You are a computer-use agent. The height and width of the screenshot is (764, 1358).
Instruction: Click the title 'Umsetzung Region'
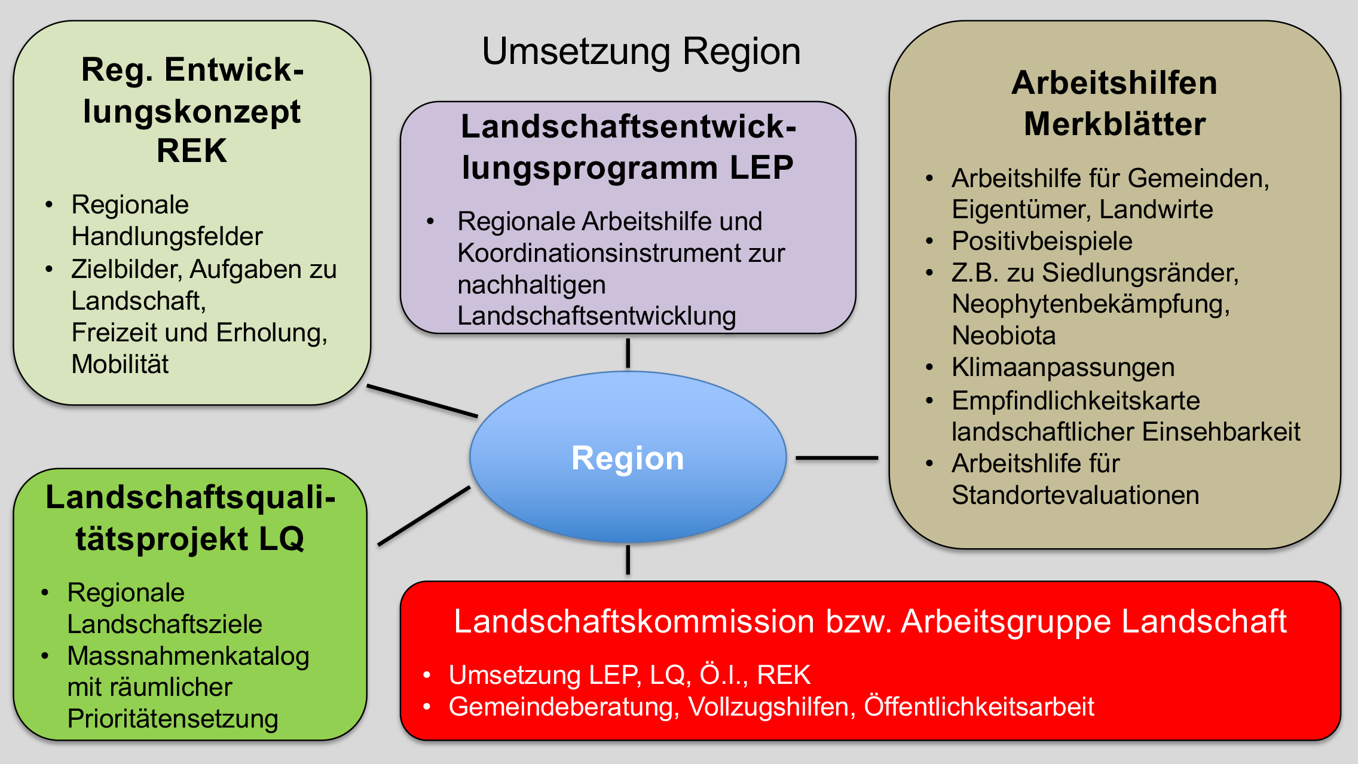coord(641,51)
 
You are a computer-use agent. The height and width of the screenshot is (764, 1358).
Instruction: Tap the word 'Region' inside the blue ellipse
coord(628,459)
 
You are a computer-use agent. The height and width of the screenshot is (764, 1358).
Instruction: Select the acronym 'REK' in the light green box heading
coord(192,150)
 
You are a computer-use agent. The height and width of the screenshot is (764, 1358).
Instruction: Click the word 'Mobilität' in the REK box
coord(120,364)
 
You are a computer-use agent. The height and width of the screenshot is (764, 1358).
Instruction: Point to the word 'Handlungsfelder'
coord(167,236)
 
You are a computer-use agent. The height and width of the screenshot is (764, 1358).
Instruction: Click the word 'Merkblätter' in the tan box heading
coord(1115,124)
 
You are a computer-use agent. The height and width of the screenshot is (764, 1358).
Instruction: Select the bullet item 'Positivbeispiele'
coord(1042,241)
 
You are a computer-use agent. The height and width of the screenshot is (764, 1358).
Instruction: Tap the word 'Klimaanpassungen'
coord(1063,367)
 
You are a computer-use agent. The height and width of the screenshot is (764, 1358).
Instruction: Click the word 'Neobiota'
coord(1004,335)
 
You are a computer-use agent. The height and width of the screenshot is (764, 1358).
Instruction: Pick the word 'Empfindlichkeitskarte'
coord(1075,401)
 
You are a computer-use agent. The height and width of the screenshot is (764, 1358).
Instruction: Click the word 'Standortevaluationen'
coord(1075,495)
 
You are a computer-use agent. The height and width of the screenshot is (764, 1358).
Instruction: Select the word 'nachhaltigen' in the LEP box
coord(531,285)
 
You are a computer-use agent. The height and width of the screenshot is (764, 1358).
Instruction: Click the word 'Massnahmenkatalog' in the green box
coord(188,656)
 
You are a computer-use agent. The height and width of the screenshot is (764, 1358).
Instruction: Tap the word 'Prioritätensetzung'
coord(173,719)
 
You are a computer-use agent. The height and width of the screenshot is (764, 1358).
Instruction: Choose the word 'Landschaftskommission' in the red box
coord(634,621)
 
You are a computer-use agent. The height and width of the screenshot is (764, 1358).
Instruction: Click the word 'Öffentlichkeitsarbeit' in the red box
coord(979,707)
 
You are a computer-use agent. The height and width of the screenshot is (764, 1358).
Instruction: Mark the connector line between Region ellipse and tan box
coord(837,458)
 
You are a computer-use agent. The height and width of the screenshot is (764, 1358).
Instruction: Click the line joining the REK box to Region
coord(422,401)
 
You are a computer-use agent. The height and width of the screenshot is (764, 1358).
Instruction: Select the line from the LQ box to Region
coord(424,516)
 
